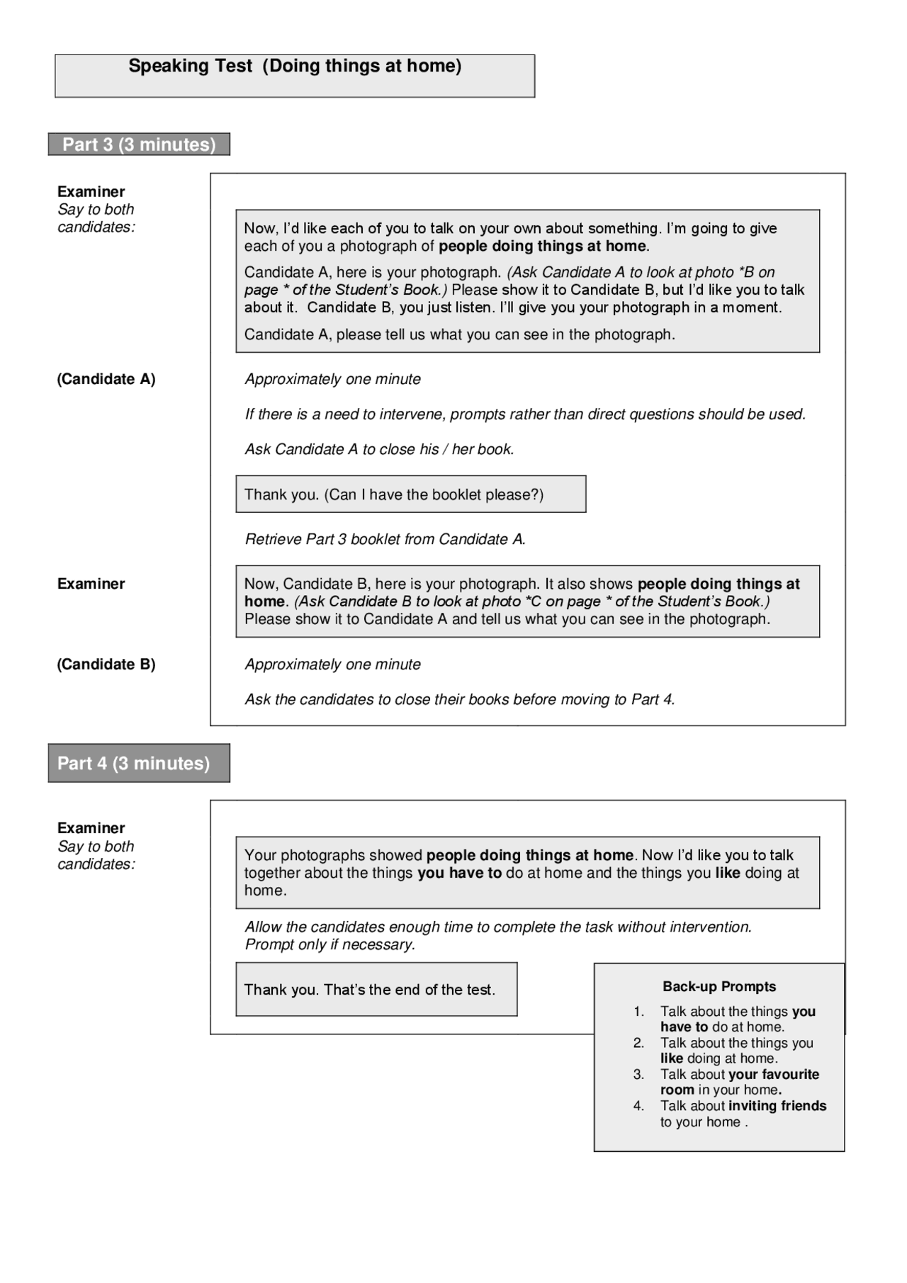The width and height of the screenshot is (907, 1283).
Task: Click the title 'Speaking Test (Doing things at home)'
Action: pos(295,67)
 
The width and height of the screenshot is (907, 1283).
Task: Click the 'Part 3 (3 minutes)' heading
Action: pos(139,145)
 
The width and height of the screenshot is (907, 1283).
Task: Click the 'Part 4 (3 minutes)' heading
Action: pos(134,763)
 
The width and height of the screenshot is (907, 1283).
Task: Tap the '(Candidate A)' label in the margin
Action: pos(106,379)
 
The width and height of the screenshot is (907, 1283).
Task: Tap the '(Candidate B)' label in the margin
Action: pos(106,665)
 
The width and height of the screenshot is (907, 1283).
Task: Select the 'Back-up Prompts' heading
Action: pos(719,987)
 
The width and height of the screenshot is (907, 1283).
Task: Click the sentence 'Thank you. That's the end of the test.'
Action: pos(370,990)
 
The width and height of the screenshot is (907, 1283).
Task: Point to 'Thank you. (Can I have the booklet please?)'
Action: pos(394,494)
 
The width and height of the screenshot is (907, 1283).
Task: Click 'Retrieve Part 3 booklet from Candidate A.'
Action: pos(385,539)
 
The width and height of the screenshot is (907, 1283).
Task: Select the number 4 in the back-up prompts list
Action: pos(639,1106)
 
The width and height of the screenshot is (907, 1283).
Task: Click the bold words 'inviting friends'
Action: pos(777,1106)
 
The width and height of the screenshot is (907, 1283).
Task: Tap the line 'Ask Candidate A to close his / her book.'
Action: pos(380,449)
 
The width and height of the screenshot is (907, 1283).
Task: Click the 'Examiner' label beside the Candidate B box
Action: pos(91,584)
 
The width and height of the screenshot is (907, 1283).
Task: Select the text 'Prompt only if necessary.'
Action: pos(330,944)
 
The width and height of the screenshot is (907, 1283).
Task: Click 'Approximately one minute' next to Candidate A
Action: pos(333,379)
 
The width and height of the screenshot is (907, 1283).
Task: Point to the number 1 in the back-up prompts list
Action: pos(639,1012)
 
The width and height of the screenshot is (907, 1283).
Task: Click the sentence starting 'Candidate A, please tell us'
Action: pos(459,334)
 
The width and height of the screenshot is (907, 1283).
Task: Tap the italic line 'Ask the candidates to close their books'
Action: pos(460,700)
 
